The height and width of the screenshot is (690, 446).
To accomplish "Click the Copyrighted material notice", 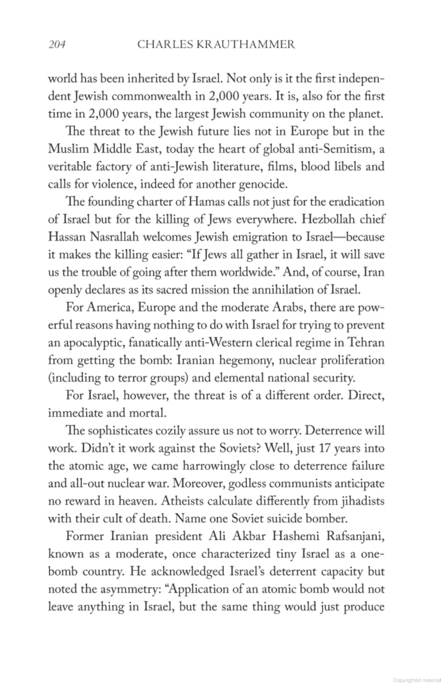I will [x=416, y=680].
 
